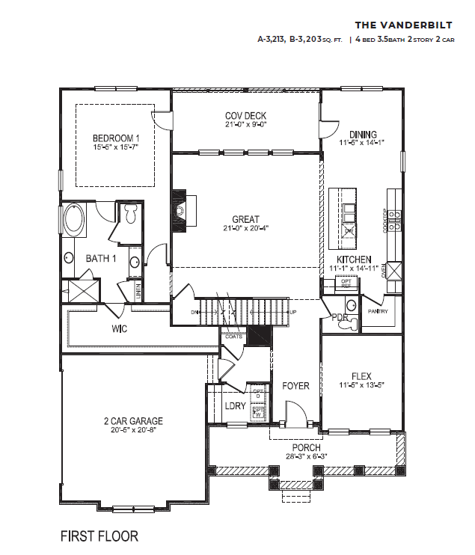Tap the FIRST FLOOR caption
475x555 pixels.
pyautogui.click(x=99, y=536)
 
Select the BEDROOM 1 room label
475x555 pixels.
pyautogui.click(x=116, y=138)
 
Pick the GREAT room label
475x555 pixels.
pyautogui.click(x=245, y=220)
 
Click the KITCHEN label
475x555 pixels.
pyautogui.click(x=354, y=260)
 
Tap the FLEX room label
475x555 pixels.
pyautogui.click(x=362, y=377)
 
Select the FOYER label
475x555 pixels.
pyautogui.click(x=295, y=387)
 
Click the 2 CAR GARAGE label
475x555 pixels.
pyautogui.click(x=133, y=421)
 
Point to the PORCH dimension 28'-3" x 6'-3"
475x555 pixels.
pyautogui.click(x=306, y=456)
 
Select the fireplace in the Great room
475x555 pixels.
pyautogui.click(x=180, y=211)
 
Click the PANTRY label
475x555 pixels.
pyautogui.click(x=378, y=312)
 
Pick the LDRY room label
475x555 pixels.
pyautogui.click(x=236, y=405)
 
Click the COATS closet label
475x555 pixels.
pyautogui.click(x=233, y=337)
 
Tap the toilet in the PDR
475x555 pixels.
pyautogui.click(x=352, y=324)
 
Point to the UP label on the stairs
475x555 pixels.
pyautogui.click(x=292, y=312)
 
